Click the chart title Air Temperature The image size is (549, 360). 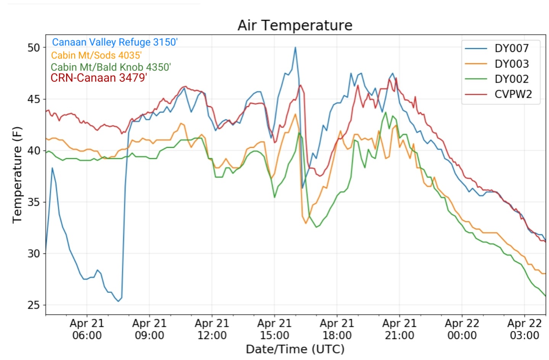295,25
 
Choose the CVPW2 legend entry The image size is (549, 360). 499,94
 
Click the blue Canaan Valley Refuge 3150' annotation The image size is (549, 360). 115,42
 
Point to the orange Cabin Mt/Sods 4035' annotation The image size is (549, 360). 96,55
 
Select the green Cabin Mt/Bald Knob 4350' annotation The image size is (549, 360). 111,67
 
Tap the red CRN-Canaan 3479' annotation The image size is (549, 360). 98,78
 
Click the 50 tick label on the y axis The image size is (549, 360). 34,48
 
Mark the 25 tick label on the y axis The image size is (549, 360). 34,305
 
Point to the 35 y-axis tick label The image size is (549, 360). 34,202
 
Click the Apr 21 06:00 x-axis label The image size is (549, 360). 87,329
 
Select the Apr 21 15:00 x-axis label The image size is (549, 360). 274,329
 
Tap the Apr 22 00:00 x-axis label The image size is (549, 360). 462,329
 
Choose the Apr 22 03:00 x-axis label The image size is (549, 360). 525,329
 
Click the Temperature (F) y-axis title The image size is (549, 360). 17,175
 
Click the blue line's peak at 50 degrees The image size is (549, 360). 295,47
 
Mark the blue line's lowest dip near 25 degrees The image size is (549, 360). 118,301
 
